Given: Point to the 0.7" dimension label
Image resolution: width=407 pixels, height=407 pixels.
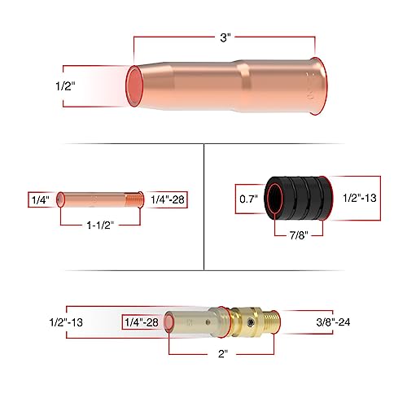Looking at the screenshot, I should (x=247, y=197).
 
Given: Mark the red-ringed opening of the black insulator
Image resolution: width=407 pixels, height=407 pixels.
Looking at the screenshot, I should (x=277, y=197).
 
